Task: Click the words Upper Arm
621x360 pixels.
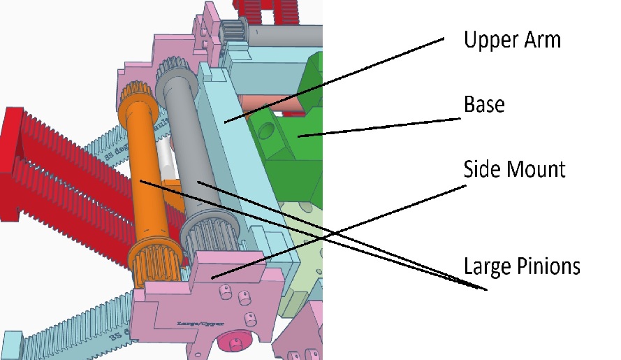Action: tap(512, 39)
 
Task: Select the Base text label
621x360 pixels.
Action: tap(484, 105)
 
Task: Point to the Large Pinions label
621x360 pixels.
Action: tap(522, 266)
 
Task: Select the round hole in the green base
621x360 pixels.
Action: tap(266, 130)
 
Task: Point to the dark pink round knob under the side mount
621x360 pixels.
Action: tap(231, 343)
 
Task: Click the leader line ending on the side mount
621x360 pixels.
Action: tap(335, 225)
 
